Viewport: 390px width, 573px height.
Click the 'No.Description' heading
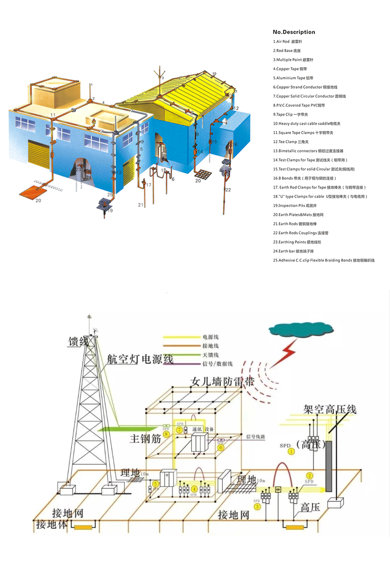click(294, 32)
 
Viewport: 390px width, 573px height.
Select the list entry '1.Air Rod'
click(288, 42)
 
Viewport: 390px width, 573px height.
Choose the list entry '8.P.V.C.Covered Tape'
click(299, 105)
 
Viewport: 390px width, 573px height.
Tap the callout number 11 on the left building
click(52, 115)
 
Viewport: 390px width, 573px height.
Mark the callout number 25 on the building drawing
click(110, 195)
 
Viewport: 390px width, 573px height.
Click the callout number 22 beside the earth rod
click(228, 190)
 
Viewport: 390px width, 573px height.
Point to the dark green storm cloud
click(291, 330)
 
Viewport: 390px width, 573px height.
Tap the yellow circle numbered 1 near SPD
click(292, 452)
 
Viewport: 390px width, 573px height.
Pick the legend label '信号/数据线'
click(217, 364)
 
